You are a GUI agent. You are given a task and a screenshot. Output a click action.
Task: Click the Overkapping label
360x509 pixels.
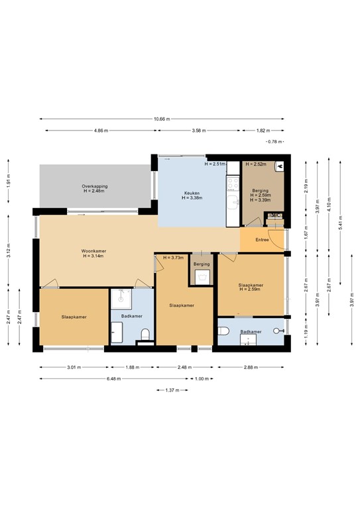tap(95, 186)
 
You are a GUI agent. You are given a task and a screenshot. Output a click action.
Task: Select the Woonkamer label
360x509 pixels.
tap(94, 251)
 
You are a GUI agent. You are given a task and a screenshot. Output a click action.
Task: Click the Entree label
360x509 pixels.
tap(262, 239)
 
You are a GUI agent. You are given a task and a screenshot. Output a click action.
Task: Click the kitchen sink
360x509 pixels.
tap(233, 201)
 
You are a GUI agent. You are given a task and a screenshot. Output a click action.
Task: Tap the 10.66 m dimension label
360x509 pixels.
tap(162, 119)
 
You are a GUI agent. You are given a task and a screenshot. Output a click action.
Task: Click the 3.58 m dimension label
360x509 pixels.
tap(197, 131)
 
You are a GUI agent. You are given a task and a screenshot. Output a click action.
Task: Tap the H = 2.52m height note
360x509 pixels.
tap(256, 164)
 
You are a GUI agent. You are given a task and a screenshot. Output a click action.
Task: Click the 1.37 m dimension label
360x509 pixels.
tap(172, 390)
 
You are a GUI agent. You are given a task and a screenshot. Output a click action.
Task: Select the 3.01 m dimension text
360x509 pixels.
tap(74, 367)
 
